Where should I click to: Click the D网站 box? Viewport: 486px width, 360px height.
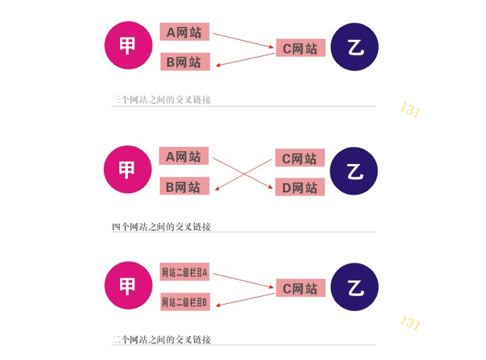tap(299, 187)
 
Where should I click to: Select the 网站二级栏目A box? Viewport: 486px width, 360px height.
tap(184, 272)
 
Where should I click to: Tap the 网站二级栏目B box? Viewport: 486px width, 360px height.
tap(184, 302)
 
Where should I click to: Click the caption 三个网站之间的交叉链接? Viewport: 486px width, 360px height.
tap(161, 100)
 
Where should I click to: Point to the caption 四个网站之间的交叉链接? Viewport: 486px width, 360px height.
tap(161, 227)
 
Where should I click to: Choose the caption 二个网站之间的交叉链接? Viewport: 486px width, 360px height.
tap(161, 339)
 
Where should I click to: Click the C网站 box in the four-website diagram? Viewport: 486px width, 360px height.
tap(299, 158)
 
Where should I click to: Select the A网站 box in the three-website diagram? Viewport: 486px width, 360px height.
tap(184, 32)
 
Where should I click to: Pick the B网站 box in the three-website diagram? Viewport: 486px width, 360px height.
tap(184, 62)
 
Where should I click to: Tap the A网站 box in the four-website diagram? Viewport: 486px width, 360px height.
tap(184, 156)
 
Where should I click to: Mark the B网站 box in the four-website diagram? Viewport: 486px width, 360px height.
tap(184, 187)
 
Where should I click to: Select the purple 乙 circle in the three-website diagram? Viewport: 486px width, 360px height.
tap(355, 47)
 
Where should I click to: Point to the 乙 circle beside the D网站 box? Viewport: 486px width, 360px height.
tap(354, 172)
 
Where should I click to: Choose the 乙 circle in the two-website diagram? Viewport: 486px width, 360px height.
tap(355, 287)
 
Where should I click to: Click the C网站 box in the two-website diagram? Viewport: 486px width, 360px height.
tap(300, 288)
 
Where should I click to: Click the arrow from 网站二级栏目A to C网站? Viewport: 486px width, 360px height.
tap(244, 280)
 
